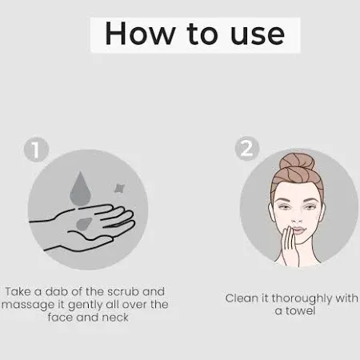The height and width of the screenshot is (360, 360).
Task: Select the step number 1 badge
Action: pyautogui.click(x=36, y=149)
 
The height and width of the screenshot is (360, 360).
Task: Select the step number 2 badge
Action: pyautogui.click(x=247, y=148)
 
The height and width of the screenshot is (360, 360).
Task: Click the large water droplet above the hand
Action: pyautogui.click(x=81, y=189)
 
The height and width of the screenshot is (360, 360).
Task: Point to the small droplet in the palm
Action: pyautogui.click(x=84, y=223)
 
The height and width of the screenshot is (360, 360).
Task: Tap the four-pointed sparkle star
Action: pyautogui.click(x=119, y=188)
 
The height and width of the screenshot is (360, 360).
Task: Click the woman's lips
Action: pyautogui.click(x=298, y=230)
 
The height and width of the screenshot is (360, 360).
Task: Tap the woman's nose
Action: pyautogui.click(x=297, y=218)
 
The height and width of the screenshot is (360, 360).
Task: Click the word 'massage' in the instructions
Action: pyautogui.click(x=28, y=305)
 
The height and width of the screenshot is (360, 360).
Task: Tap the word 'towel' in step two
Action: pyautogui.click(x=301, y=310)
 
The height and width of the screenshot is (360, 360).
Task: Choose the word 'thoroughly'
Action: pyautogui.click(x=302, y=298)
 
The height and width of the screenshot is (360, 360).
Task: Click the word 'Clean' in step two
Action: pyautogui.click(x=242, y=298)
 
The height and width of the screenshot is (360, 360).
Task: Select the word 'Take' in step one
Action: pyautogui.click(x=18, y=291)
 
